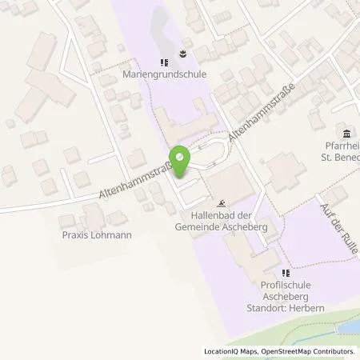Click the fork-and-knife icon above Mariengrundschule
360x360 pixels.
[x=163, y=62]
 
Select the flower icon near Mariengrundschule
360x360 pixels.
[x=183, y=57]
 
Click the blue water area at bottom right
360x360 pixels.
[x=341, y=330]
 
